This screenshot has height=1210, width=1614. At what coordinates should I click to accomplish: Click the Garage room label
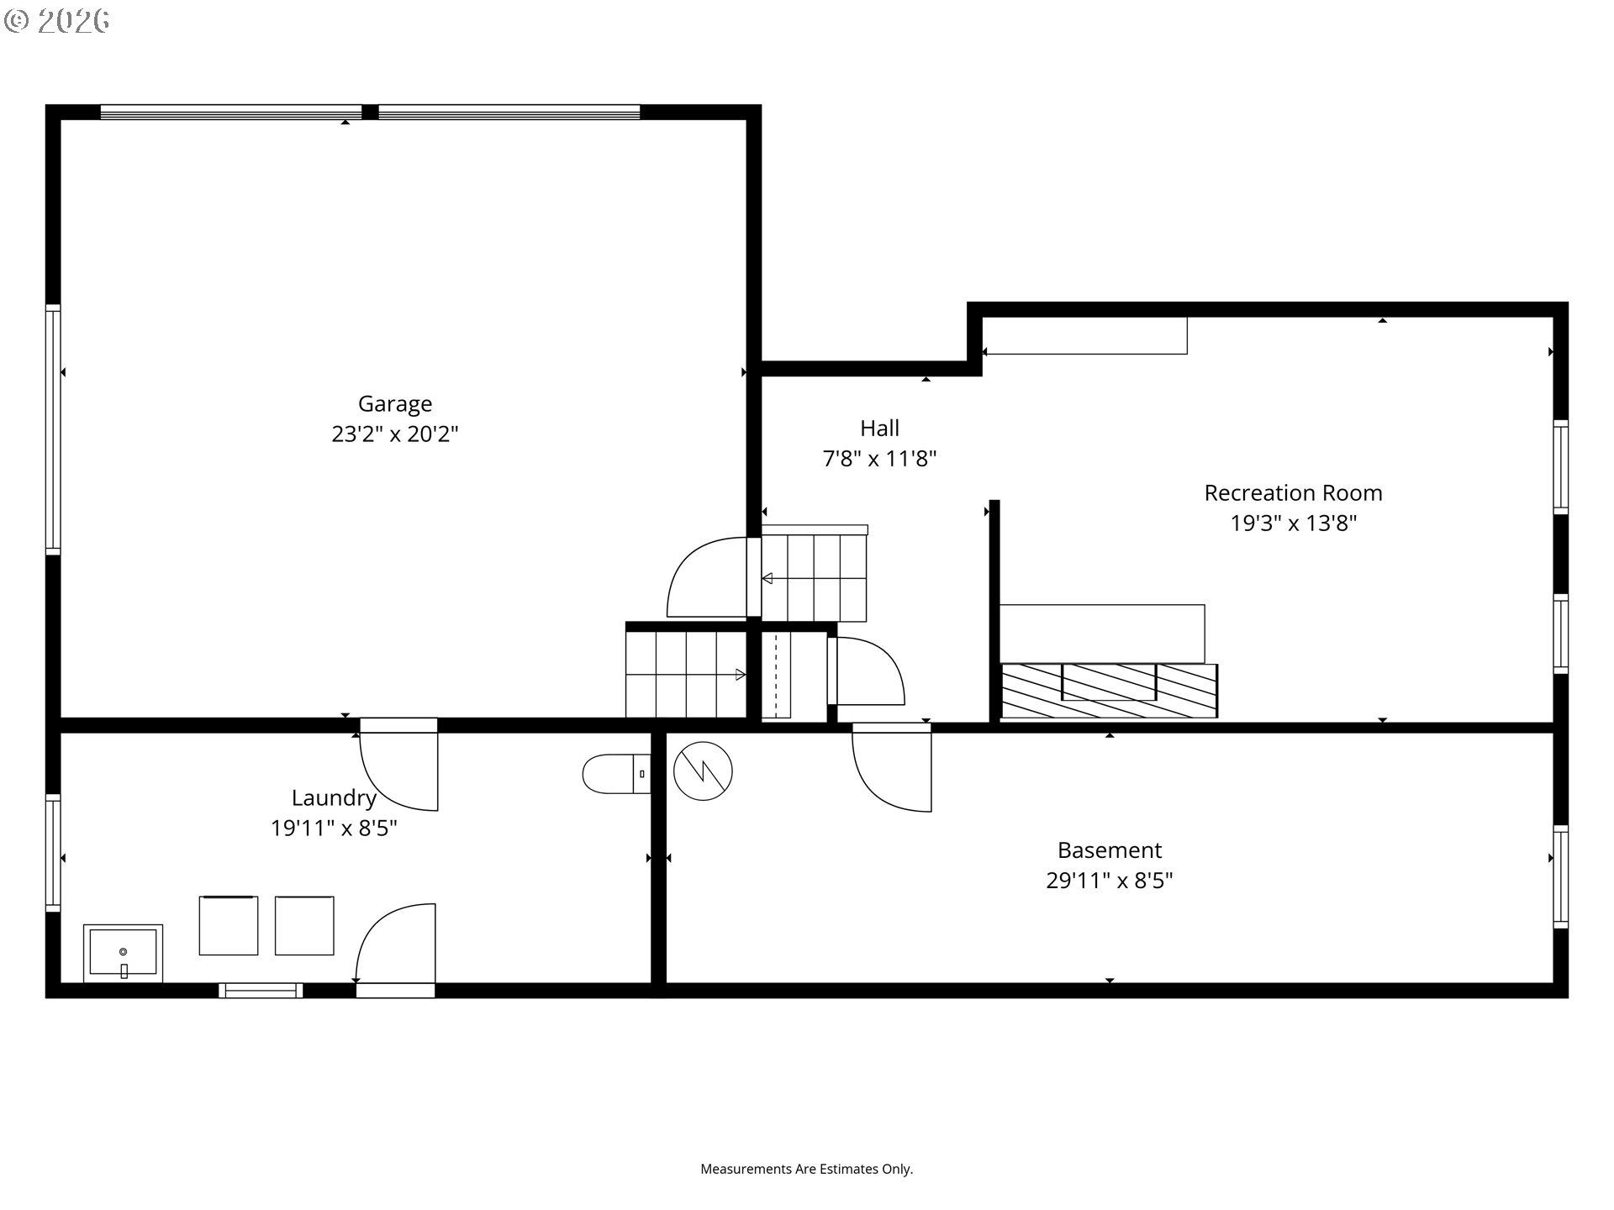pyautogui.click(x=395, y=405)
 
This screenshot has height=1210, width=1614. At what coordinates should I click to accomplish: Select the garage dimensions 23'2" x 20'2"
pyautogui.click(x=395, y=434)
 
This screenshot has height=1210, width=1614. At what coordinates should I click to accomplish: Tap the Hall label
pyautogui.click(x=879, y=429)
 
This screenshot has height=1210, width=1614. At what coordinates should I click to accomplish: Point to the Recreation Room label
pyautogui.click(x=1293, y=493)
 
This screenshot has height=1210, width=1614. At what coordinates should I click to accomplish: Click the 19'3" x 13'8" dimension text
pyautogui.click(x=1293, y=523)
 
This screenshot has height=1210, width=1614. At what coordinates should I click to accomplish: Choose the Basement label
pyautogui.click(x=1110, y=850)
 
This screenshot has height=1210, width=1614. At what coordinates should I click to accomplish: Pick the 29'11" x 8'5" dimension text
pyautogui.click(x=1110, y=881)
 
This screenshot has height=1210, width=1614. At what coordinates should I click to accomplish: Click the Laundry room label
pyautogui.click(x=334, y=798)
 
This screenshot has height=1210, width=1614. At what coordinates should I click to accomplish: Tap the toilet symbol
pyautogui.click(x=616, y=774)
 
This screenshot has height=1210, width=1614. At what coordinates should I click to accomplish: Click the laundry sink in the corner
pyautogui.click(x=123, y=953)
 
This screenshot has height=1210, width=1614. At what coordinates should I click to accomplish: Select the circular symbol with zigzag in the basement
pyautogui.click(x=704, y=771)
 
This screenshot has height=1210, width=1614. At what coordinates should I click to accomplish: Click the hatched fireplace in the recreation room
pyautogui.click(x=1109, y=691)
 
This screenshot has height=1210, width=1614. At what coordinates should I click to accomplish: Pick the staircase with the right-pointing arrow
pyautogui.click(x=686, y=674)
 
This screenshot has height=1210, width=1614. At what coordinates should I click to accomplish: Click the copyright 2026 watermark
pyautogui.click(x=56, y=21)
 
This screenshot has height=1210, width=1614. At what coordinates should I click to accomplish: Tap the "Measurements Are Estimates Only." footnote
pyautogui.click(x=807, y=1169)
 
